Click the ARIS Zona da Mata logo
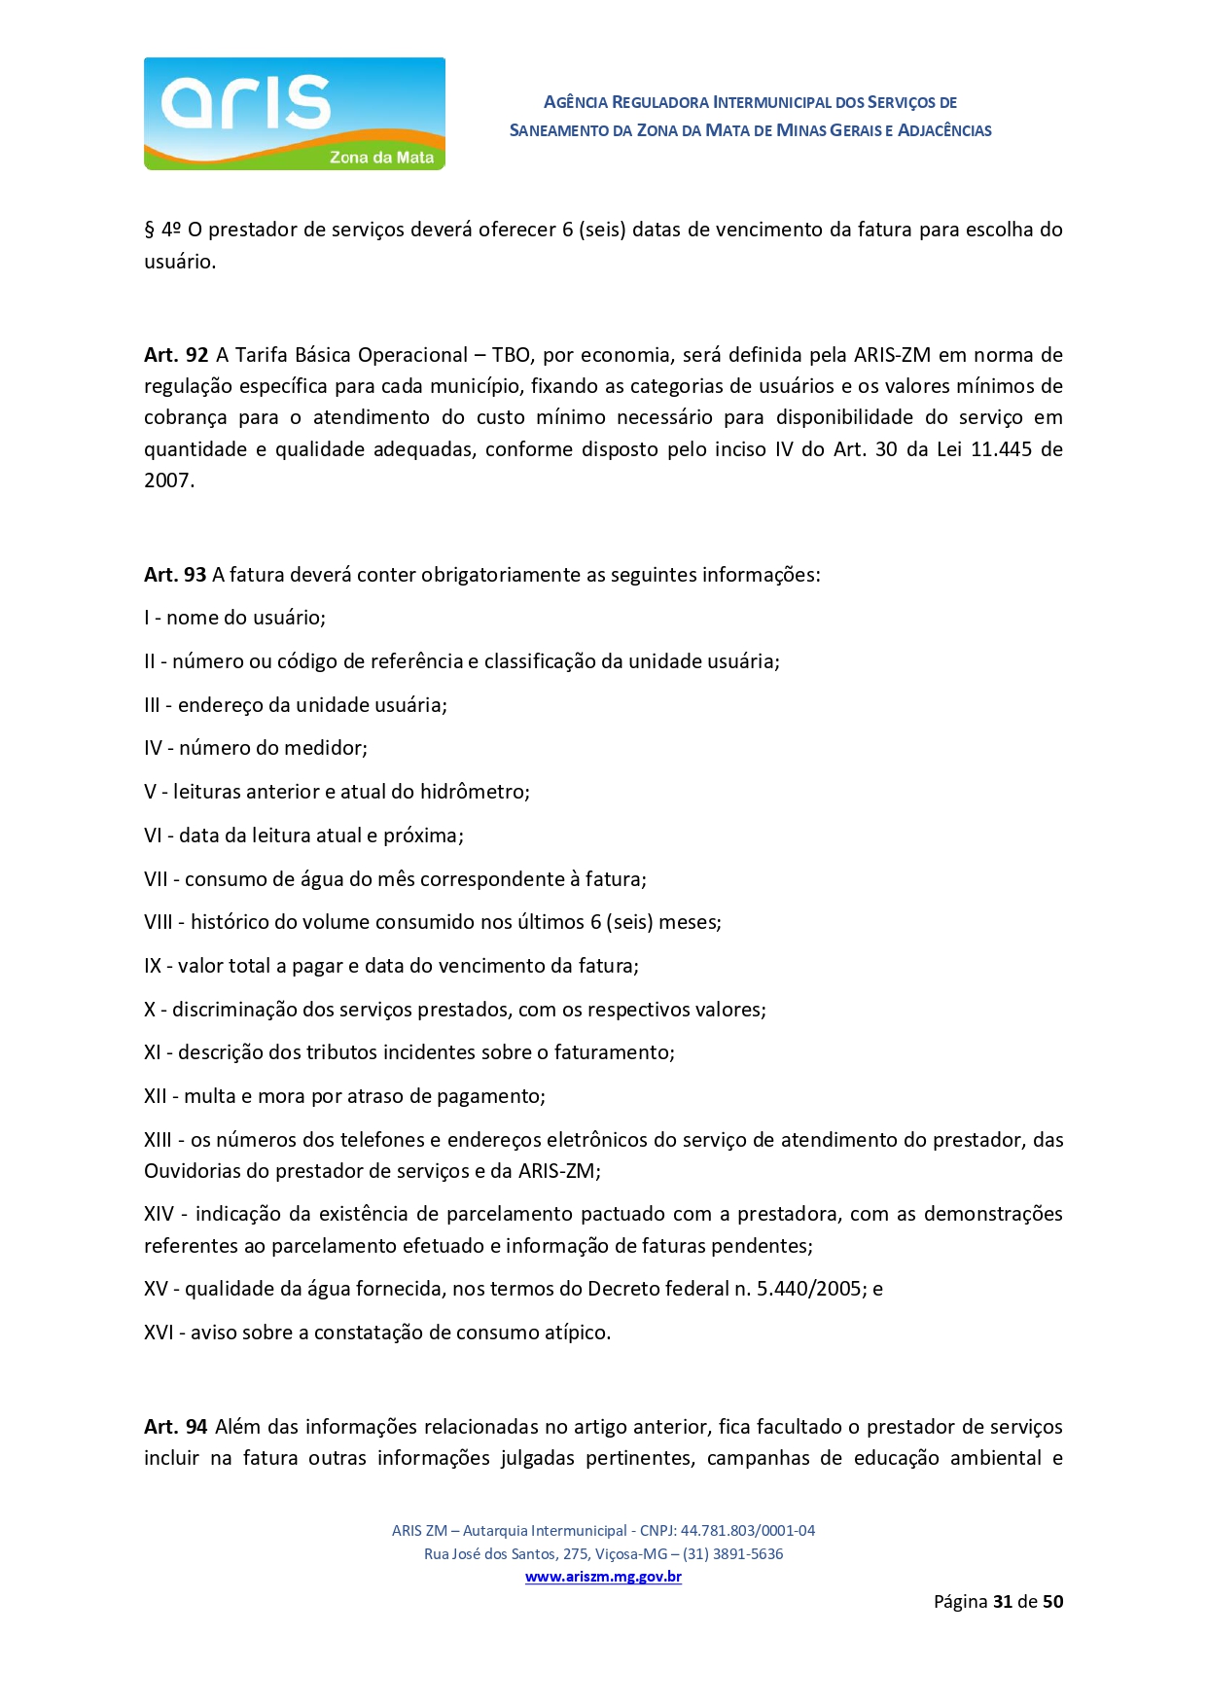tap(294, 114)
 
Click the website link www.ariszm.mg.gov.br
tap(603, 1577)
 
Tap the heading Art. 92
tap(176, 355)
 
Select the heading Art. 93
tap(175, 575)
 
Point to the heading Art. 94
tap(175, 1427)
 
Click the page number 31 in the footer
tap(1003, 1602)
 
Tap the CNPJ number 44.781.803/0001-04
tap(748, 1530)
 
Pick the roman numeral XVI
tap(159, 1333)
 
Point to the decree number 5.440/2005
tap(813, 1289)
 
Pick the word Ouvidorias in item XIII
tap(198, 1171)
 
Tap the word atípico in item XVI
tap(576, 1333)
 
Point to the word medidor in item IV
tap(329, 748)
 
